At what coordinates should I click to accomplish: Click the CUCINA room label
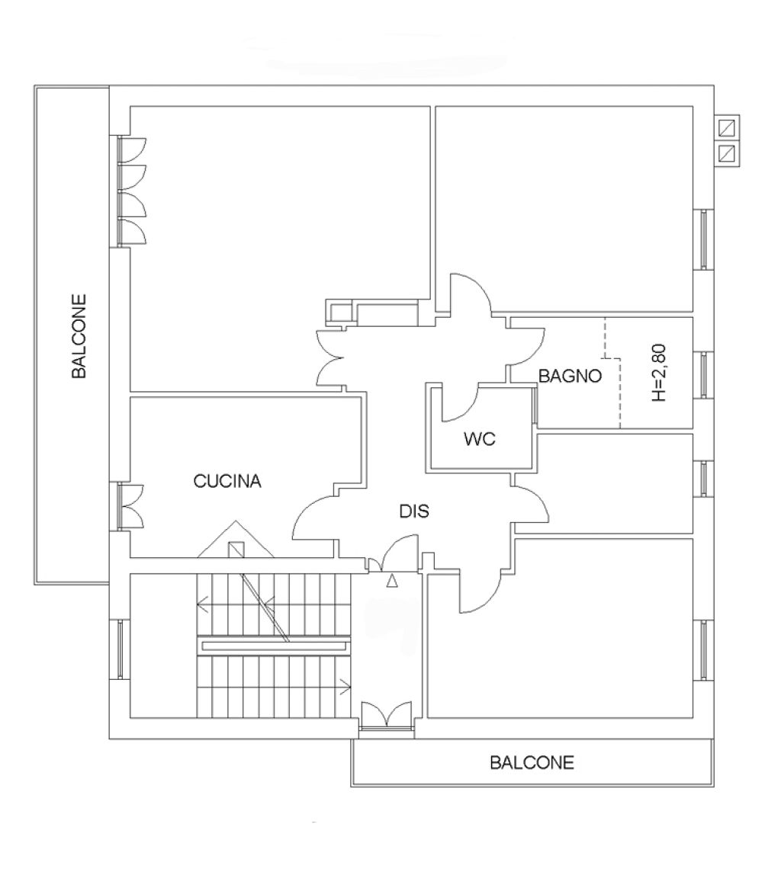point(227,481)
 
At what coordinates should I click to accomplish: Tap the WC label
point(480,439)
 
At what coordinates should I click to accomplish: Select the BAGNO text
point(570,377)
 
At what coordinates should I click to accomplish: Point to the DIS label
point(414,511)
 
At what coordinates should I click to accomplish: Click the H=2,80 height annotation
point(659,373)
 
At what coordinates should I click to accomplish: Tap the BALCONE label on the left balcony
point(79,336)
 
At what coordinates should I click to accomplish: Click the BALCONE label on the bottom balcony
point(532,762)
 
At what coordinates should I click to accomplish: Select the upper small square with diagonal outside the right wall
point(727,129)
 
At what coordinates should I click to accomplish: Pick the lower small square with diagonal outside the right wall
point(727,153)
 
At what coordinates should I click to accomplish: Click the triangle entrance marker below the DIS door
point(392,581)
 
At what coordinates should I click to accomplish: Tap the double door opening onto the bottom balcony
point(386,715)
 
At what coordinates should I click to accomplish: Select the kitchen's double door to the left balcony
point(130,506)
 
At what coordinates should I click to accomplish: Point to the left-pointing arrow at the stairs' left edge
point(204,604)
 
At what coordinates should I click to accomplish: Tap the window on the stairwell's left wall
point(121,649)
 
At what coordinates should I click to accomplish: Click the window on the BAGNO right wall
point(704,375)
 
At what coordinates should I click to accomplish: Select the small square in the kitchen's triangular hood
point(236,550)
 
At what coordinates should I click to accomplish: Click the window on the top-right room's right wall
point(704,239)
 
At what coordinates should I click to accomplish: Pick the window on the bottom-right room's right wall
point(704,650)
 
